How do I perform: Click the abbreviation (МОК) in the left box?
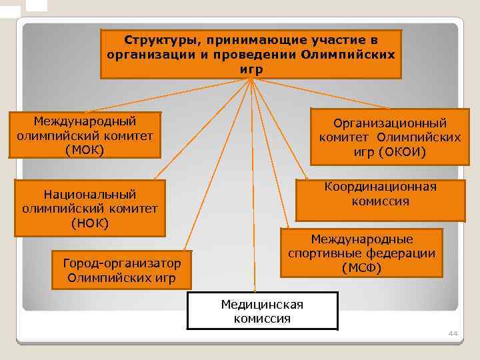click(x=85, y=149)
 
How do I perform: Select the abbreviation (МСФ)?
click(x=361, y=268)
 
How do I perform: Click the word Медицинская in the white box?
click(x=262, y=305)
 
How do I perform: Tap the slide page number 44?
click(x=454, y=333)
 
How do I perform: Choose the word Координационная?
click(x=381, y=187)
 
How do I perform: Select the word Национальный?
click(x=90, y=194)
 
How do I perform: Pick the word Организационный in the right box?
click(x=390, y=123)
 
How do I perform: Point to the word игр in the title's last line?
click(x=251, y=69)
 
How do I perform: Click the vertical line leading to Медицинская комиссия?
click(x=252, y=200)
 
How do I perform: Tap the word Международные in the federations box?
click(x=361, y=239)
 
